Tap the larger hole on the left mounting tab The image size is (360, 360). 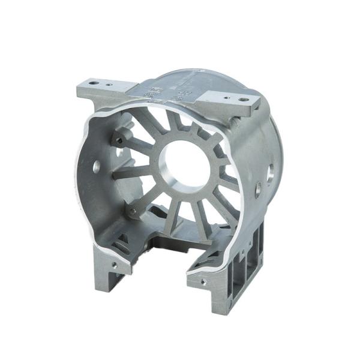(x=94, y=79)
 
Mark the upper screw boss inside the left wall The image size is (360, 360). (x=119, y=140)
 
